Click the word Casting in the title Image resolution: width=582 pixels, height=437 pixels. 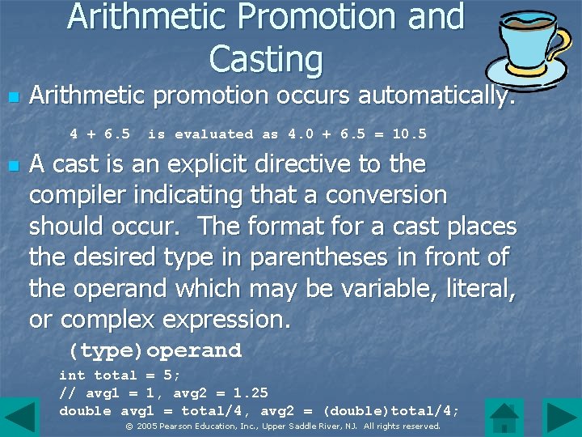click(x=265, y=58)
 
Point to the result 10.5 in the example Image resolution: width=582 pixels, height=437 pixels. click(x=409, y=134)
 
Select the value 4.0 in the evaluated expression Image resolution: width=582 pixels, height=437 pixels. click(x=302, y=134)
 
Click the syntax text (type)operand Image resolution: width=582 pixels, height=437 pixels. click(x=154, y=350)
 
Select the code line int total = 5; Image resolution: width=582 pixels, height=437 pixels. click(x=120, y=375)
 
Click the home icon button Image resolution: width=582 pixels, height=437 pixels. click(x=506, y=417)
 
